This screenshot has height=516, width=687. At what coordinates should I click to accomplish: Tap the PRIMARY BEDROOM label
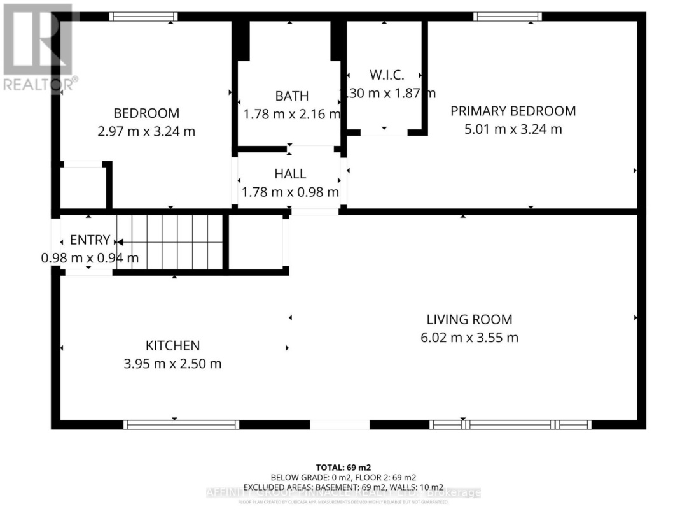coord(513,111)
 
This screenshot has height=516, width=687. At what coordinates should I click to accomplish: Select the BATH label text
coord(291,96)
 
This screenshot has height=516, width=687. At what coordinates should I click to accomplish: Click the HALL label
coord(290,173)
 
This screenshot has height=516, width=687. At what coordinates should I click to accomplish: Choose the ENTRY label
coord(90,240)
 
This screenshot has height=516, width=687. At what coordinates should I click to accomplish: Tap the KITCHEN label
coord(173,345)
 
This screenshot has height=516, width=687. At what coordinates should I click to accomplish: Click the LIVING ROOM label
coord(469,319)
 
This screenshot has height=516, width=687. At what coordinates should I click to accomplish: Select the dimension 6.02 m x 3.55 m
coord(469,338)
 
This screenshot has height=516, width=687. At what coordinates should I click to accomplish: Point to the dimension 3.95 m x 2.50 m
coord(173,364)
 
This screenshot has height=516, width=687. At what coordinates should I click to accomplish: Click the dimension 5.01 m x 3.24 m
coord(513,129)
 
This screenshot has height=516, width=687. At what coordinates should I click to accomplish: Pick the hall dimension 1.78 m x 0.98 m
coord(290,192)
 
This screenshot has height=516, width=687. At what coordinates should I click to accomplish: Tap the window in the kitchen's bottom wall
coord(181,424)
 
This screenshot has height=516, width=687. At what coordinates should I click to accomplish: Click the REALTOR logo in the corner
coord(38,48)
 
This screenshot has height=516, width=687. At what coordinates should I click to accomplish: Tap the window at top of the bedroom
coord(142,17)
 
